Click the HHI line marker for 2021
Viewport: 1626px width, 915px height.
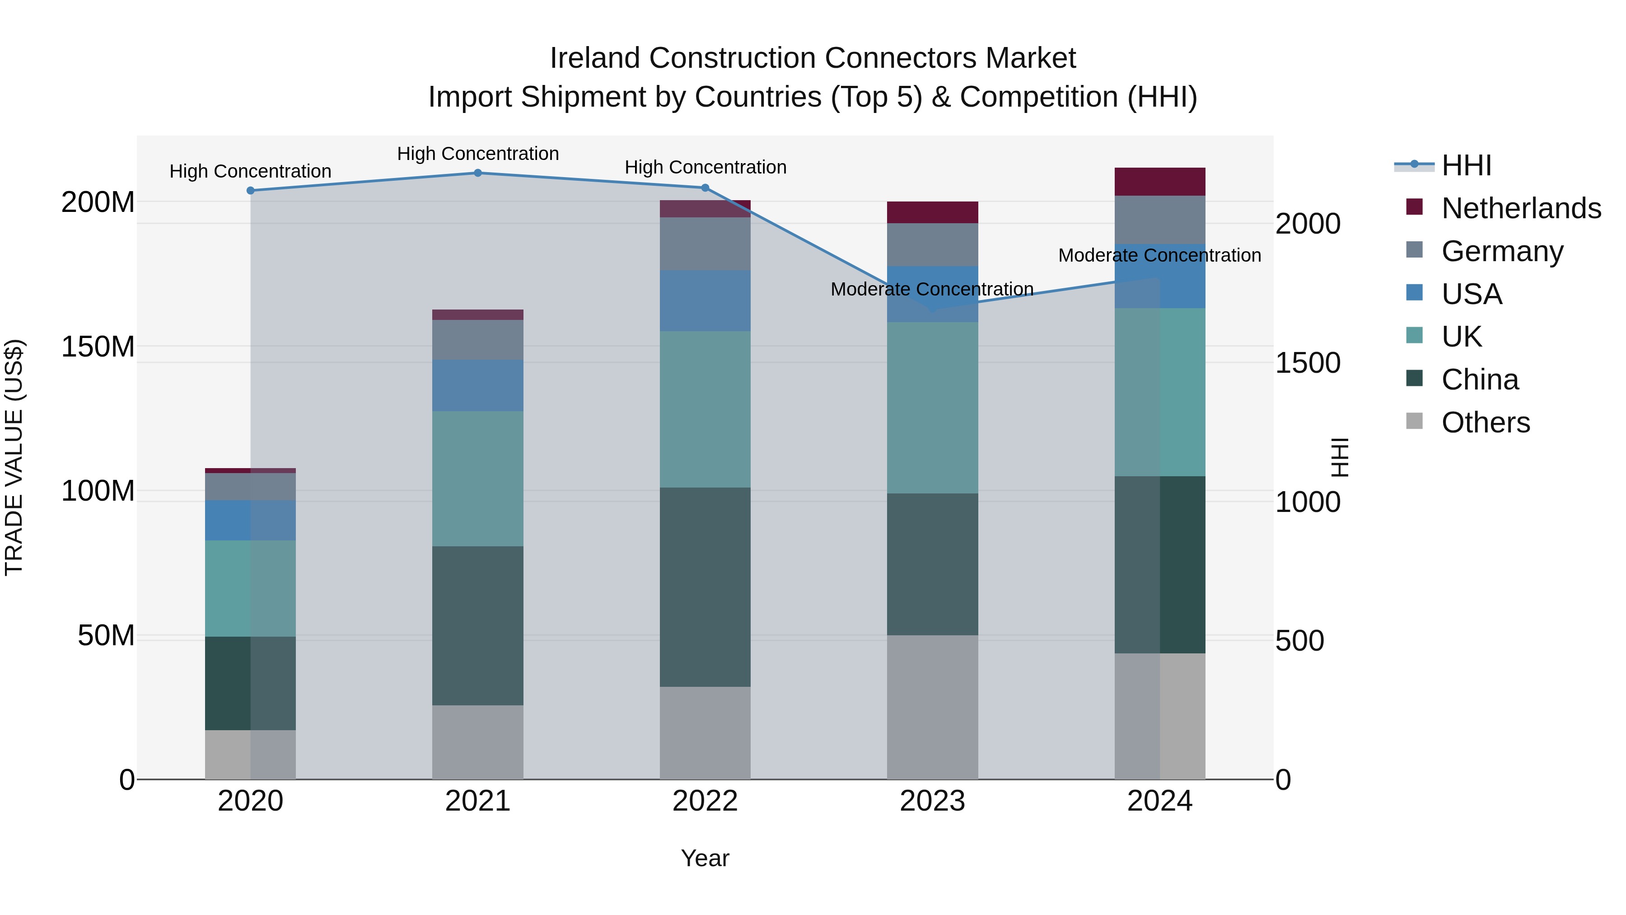[x=478, y=173]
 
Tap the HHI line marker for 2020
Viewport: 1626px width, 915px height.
[x=251, y=191]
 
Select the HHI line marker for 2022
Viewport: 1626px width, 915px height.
[x=705, y=188]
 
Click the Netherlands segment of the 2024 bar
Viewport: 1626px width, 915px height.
[x=1159, y=182]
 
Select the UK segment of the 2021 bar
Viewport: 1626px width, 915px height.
[x=478, y=479]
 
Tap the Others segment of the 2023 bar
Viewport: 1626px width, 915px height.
[x=932, y=707]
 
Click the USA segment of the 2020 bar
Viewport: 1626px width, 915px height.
[x=251, y=521]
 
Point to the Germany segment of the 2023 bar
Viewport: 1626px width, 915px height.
[x=932, y=244]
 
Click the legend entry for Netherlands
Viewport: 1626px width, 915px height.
[x=1521, y=208]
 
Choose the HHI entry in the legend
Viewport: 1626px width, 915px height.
[x=1466, y=165]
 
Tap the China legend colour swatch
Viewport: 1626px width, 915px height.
[x=1415, y=379]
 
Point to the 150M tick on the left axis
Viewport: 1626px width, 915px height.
[x=98, y=347]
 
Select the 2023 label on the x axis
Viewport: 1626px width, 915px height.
[x=932, y=801]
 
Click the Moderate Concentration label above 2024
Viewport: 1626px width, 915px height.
[x=1159, y=255]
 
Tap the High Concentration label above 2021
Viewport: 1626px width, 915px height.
[x=478, y=154]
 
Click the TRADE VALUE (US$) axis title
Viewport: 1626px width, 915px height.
[x=14, y=457]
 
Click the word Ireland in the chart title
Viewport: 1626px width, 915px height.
[x=595, y=58]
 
